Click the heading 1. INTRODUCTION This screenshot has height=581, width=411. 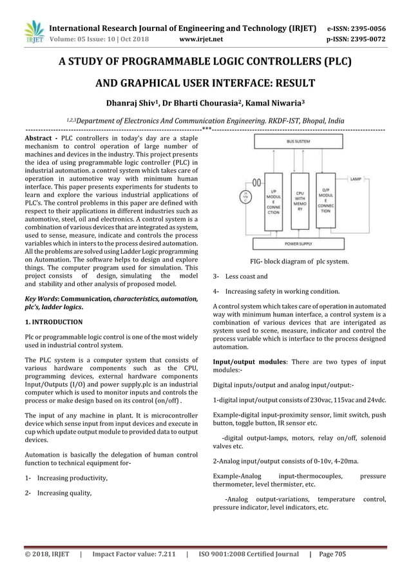tap(53, 321)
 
